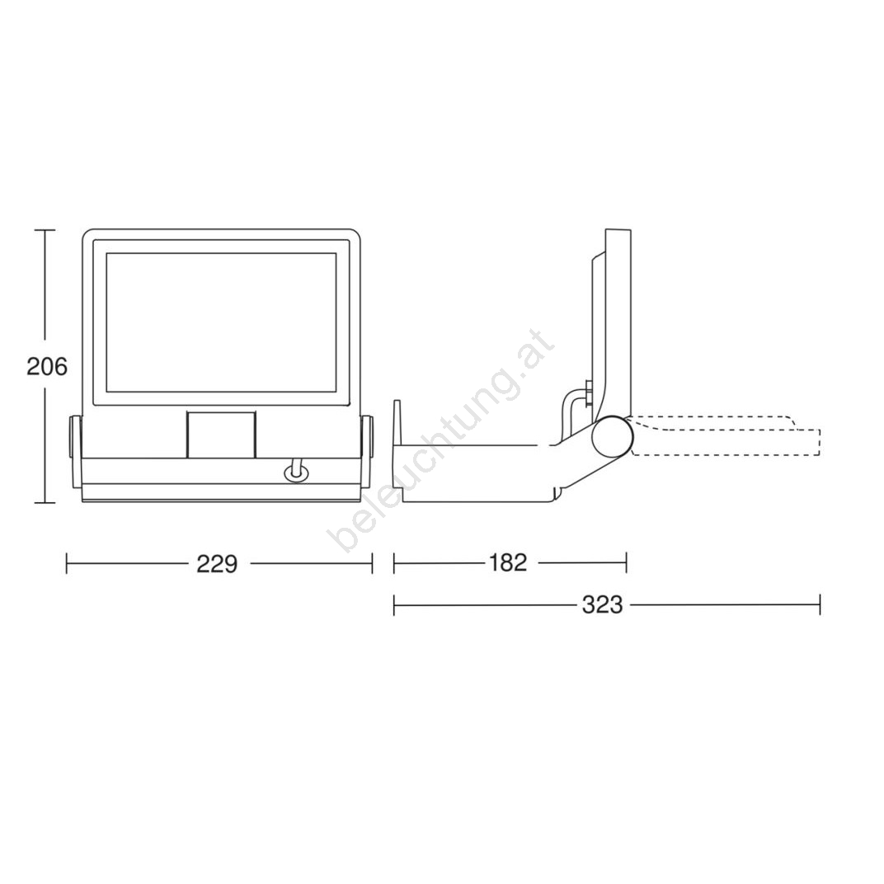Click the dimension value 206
47,367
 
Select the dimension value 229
217,564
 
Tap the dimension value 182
508,562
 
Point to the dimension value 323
602,605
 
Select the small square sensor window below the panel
220,435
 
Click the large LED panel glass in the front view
221,322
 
